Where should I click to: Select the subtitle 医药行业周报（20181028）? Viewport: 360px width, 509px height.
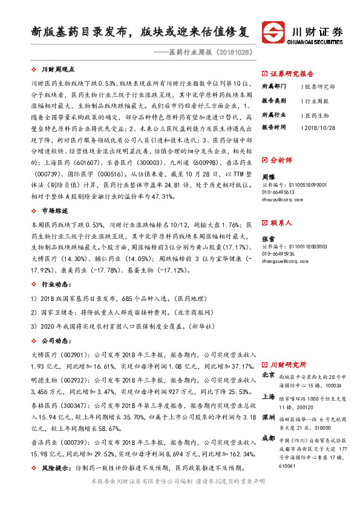[x=212, y=53]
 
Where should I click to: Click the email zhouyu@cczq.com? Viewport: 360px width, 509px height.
[x=279, y=198]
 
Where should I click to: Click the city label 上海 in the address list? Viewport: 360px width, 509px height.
[x=269, y=397]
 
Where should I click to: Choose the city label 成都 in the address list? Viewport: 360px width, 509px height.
[x=269, y=436]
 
